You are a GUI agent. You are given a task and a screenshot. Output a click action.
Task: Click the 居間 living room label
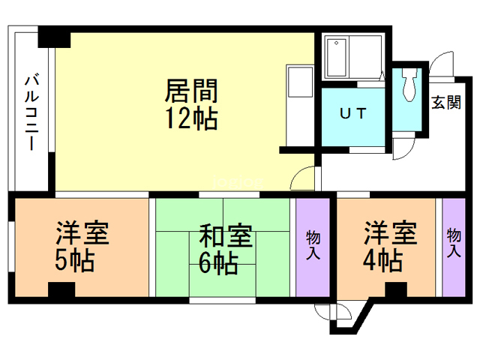191,91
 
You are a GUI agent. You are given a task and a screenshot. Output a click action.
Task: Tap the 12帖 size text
191,118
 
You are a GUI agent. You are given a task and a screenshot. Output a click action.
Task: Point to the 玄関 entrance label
445,103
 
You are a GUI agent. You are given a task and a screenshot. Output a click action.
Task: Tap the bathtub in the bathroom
338,58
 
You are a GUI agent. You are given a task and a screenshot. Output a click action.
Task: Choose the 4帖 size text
382,261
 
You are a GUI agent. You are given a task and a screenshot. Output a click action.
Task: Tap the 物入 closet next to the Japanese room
313,245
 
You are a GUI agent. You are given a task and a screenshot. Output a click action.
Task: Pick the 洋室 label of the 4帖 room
390,234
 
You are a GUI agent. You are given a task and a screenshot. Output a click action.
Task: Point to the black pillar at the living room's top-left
54,36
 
